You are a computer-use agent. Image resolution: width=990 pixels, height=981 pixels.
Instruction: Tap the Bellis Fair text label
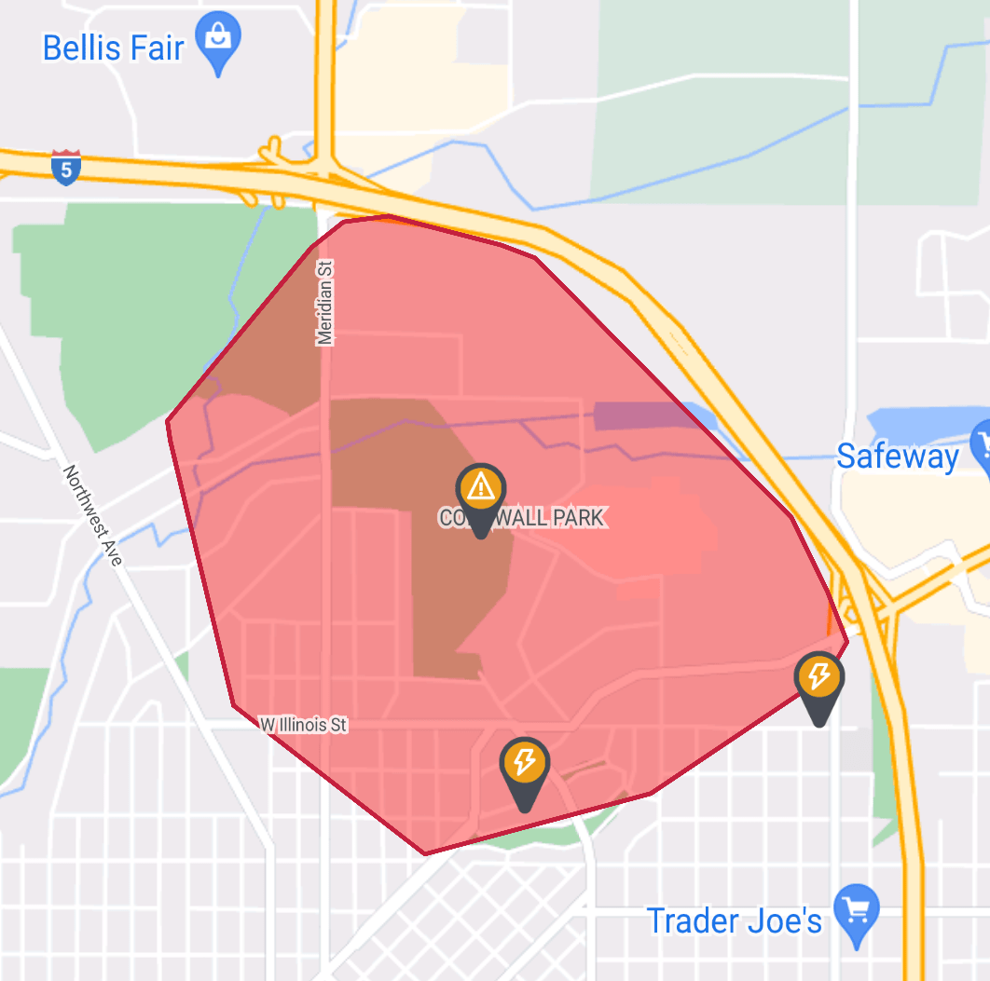[114, 48]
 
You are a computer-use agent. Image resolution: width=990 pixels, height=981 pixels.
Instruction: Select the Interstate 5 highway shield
[66, 167]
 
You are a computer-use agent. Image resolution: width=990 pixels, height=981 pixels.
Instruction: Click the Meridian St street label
[325, 303]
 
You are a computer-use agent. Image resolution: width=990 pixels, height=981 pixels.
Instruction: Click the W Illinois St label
[303, 724]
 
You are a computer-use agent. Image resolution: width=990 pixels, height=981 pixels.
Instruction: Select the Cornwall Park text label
[523, 517]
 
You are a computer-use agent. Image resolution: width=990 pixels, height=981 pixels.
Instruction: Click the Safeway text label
[898, 456]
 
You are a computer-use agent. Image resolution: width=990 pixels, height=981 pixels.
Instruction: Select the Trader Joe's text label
[735, 921]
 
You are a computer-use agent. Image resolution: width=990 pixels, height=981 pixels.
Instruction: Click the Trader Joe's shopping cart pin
[856, 908]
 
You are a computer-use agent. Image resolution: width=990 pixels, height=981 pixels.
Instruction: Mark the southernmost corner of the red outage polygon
[425, 852]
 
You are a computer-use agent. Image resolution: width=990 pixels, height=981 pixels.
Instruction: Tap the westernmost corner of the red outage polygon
[168, 421]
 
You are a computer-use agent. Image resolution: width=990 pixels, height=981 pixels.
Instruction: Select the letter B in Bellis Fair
[53, 48]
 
